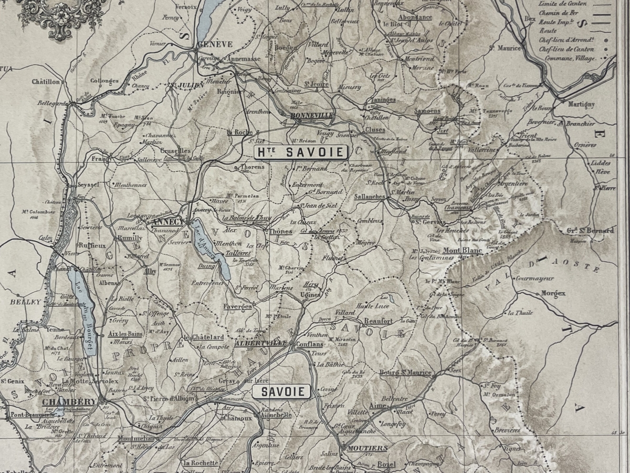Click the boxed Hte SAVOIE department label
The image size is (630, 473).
pos(301,152)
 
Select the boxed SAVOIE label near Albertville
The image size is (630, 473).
pos(281,392)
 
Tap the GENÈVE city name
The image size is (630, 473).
pos(214,45)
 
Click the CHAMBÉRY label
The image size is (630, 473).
pos(69,402)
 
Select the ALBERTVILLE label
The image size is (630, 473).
pos(261,343)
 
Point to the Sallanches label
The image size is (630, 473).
pos(370,196)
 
